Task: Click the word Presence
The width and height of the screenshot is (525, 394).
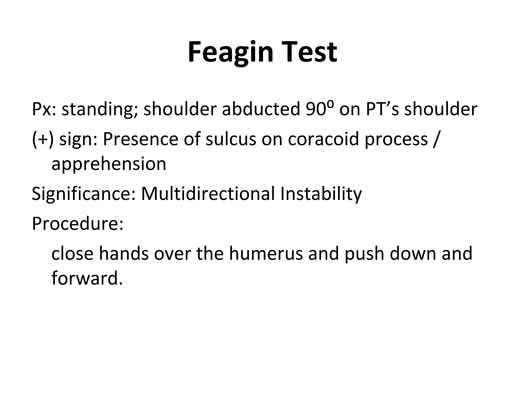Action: point(140,139)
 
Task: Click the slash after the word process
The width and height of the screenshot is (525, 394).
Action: point(436,140)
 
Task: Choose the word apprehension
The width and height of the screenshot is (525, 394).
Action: point(109,164)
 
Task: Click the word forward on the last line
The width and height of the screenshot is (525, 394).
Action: point(87,278)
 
